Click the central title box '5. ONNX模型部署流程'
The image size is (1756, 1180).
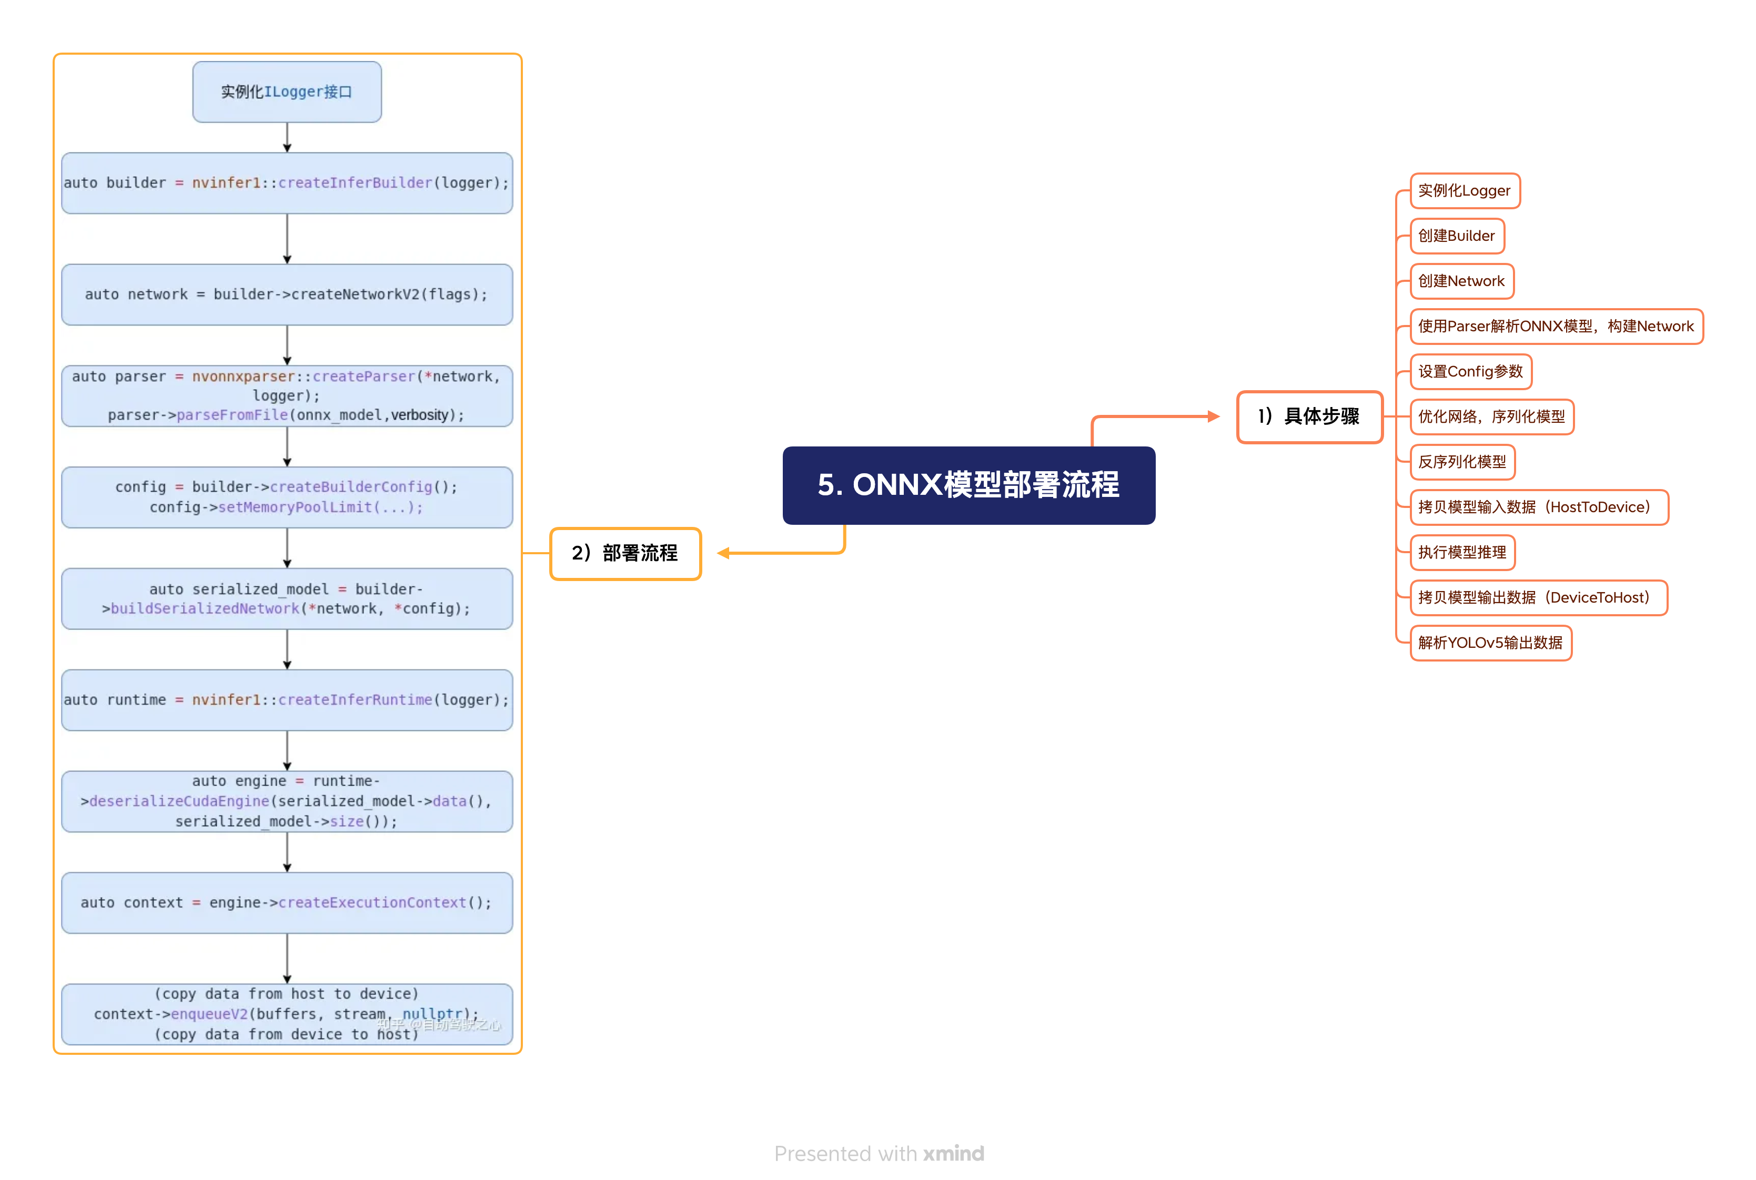[x=968, y=485]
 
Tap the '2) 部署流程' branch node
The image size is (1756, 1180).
[x=625, y=553]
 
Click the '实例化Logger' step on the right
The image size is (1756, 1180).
[x=1464, y=190]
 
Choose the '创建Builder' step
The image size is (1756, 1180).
[x=1457, y=236]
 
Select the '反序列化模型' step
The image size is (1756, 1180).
[x=1462, y=461]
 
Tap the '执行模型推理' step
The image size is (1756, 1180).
[x=1462, y=552]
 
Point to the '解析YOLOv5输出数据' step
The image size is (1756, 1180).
[x=1490, y=642]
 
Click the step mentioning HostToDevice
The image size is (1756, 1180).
[x=1539, y=506]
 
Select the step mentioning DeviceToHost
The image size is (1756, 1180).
[x=1539, y=597]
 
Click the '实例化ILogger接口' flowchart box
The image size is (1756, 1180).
[x=287, y=92]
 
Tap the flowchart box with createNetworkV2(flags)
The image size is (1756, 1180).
[x=287, y=294]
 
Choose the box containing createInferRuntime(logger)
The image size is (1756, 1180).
[x=287, y=700]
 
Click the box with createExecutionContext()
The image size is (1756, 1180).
[x=287, y=902]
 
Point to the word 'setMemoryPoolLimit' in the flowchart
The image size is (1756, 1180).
[x=295, y=507]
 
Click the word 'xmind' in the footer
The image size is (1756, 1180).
[x=954, y=1153]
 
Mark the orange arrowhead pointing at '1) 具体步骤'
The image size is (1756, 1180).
[x=1213, y=416]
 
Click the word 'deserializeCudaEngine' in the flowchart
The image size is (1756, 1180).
[x=179, y=801]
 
